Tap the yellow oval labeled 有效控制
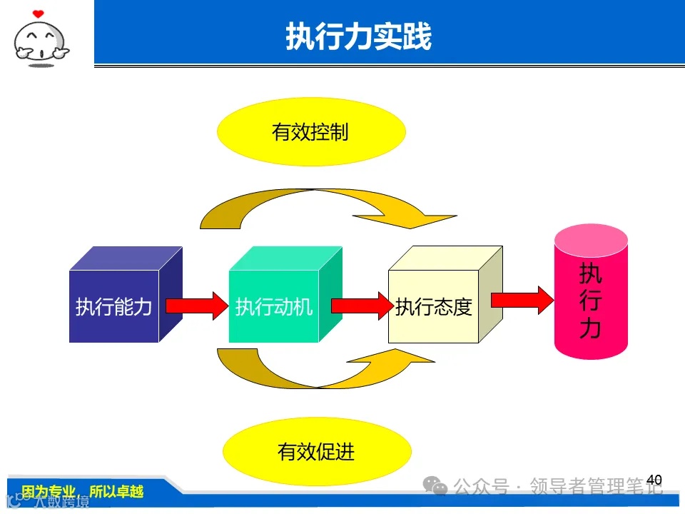click(310, 132)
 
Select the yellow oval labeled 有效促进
click(317, 451)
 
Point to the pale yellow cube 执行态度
click(433, 306)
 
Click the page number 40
click(654, 480)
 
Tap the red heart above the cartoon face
click(38, 13)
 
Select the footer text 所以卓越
click(116, 492)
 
